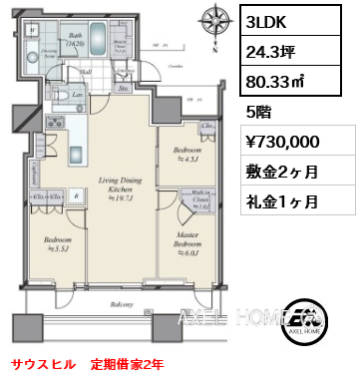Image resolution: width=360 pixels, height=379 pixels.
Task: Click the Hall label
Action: (86, 71)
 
